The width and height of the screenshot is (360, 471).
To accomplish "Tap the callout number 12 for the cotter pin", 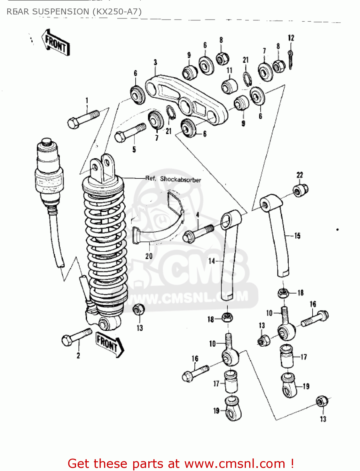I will coord(291,38).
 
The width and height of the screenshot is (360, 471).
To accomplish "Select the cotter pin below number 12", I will coord(291,60).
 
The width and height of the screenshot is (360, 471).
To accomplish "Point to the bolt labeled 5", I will coord(130,133).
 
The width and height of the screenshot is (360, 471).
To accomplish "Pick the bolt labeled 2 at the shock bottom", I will coord(76,336).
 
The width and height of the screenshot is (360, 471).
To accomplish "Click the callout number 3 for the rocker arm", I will coord(155,62).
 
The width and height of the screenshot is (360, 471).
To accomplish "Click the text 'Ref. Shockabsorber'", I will coord(173,179).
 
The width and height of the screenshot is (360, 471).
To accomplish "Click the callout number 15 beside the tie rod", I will coord(297,235).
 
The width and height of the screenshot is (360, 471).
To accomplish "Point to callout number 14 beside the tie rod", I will coord(212,261).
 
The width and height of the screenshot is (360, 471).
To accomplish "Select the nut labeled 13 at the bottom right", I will coord(322,401).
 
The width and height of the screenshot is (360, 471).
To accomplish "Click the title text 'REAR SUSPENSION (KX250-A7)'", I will coord(74,12).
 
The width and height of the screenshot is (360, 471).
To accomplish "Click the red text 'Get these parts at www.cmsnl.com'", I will coord(181,463).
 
